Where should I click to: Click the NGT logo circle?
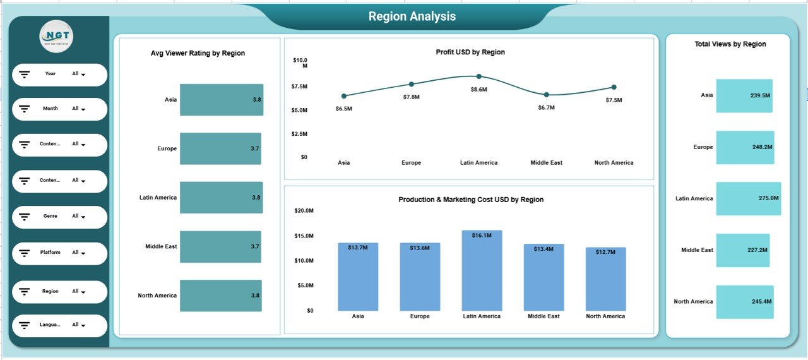click(56, 38)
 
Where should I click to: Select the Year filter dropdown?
click(79, 75)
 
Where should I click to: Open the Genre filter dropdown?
click(79, 217)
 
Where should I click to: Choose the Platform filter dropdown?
click(79, 253)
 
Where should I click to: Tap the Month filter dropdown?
click(79, 109)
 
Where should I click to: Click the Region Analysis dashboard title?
click(412, 16)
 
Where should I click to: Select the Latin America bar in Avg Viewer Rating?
click(221, 198)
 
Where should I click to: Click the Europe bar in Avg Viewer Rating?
click(220, 148)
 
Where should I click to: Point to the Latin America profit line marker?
click(478, 76)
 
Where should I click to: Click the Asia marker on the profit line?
click(344, 96)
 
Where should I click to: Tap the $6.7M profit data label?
click(546, 107)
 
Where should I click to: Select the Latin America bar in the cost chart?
click(482, 270)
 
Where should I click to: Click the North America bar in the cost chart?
click(605, 279)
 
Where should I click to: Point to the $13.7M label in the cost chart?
click(358, 248)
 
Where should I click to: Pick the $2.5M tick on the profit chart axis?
click(299, 134)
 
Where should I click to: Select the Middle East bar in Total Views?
click(742, 250)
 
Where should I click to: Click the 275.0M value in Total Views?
click(768, 198)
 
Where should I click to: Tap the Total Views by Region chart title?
click(730, 44)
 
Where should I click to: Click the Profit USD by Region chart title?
click(470, 52)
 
